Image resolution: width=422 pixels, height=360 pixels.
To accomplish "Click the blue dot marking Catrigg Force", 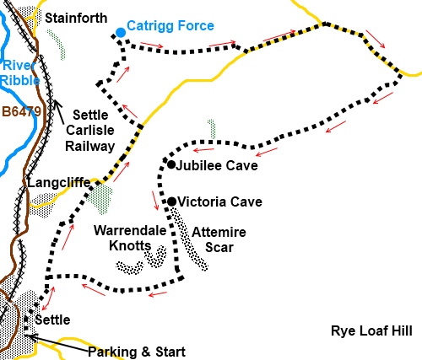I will [x=120, y=32].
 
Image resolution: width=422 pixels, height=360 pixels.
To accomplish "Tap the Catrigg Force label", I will [x=170, y=26].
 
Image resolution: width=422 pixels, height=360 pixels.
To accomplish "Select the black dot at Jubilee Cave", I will [x=170, y=164].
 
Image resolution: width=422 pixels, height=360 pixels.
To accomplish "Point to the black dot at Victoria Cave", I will [x=171, y=201].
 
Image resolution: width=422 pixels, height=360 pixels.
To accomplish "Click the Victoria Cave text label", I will [x=214, y=201].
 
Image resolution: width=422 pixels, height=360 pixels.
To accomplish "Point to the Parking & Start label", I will [x=135, y=352].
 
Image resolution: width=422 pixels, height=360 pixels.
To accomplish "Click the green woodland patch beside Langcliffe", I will [x=100, y=199].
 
